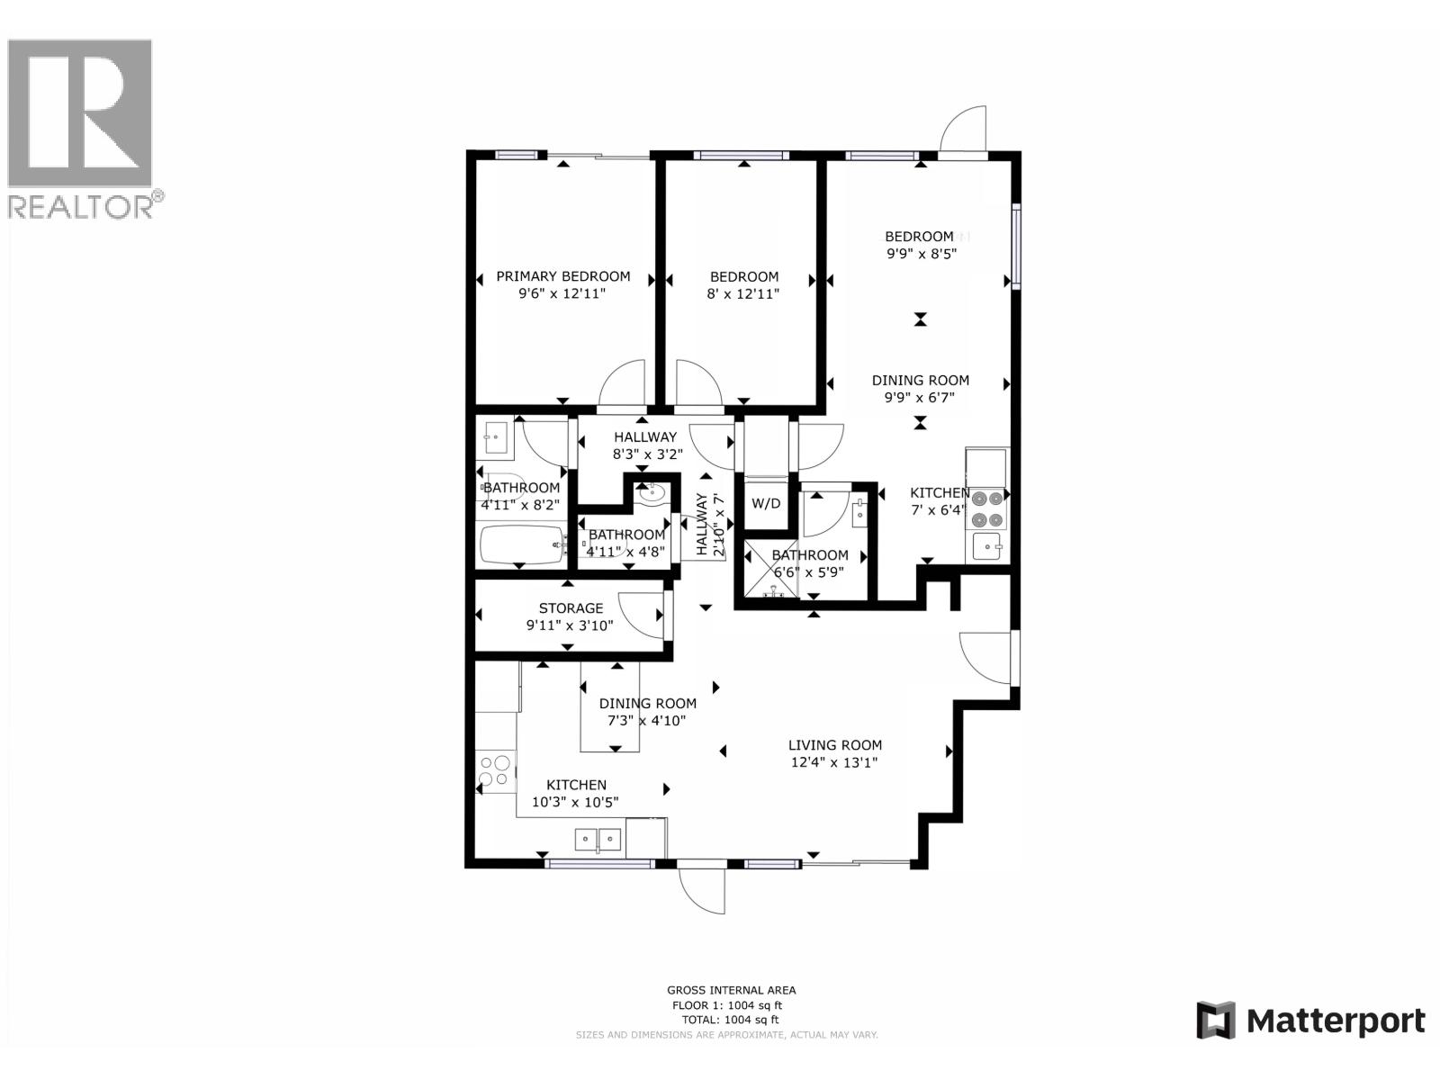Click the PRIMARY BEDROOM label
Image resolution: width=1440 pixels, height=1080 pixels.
click(x=563, y=276)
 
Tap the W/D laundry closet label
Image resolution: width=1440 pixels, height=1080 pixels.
click(x=766, y=503)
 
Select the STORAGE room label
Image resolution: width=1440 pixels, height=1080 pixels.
click(x=571, y=608)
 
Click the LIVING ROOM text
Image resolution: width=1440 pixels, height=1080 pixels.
click(x=834, y=745)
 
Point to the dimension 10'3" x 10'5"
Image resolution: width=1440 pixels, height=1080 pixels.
click(x=575, y=802)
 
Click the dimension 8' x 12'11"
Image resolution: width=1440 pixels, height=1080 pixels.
click(x=743, y=293)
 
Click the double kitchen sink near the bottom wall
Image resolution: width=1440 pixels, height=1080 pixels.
click(x=598, y=839)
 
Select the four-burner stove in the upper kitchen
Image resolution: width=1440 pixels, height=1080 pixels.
click(x=986, y=508)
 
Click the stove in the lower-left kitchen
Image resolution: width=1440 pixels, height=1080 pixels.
click(x=494, y=771)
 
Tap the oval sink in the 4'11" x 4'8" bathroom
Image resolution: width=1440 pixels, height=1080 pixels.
click(x=650, y=493)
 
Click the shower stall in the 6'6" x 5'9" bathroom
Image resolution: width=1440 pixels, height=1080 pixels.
click(x=772, y=570)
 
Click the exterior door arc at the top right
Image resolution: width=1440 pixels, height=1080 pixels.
click(x=965, y=130)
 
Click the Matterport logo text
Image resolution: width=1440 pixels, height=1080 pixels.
click(x=1336, y=1021)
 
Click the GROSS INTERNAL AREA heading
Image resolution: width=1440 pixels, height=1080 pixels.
click(x=731, y=990)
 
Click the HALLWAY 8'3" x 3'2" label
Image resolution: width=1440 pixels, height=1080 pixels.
click(x=645, y=445)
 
